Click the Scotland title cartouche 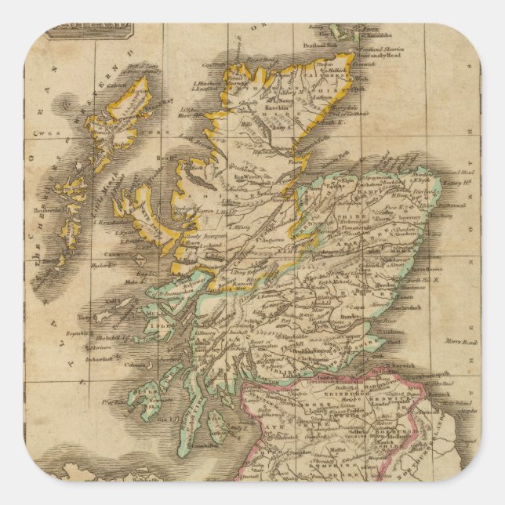tap(75, 31)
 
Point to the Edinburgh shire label tap(345, 396)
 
